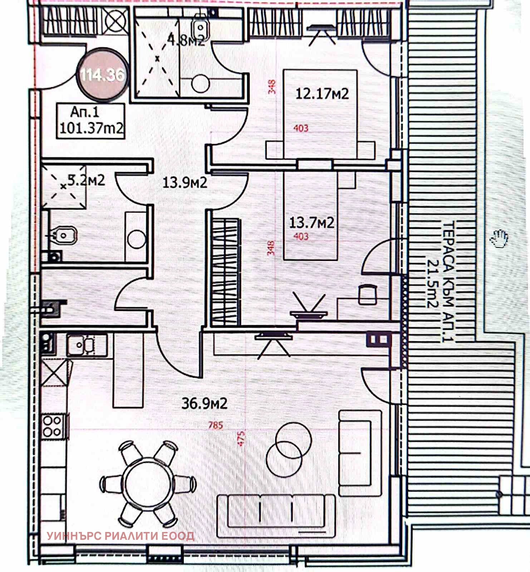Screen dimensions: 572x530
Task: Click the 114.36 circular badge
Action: [x=103, y=75]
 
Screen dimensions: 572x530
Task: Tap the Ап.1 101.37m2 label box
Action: [x=91, y=121]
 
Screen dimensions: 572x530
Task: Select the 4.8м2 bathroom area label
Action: [x=186, y=40]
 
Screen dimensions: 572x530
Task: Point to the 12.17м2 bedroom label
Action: [x=322, y=94]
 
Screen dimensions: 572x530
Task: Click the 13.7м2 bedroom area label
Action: [x=311, y=223]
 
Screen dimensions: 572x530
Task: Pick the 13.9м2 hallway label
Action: [x=185, y=183]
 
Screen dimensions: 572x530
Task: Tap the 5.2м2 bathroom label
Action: [x=86, y=180]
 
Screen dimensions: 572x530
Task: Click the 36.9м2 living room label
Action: [x=204, y=404]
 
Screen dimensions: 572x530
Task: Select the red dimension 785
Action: [x=216, y=425]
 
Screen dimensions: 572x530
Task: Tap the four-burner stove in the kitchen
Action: [x=52, y=426]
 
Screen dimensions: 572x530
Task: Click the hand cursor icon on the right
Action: [x=500, y=238]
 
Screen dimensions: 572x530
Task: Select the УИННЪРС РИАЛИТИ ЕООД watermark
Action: [x=121, y=536]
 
